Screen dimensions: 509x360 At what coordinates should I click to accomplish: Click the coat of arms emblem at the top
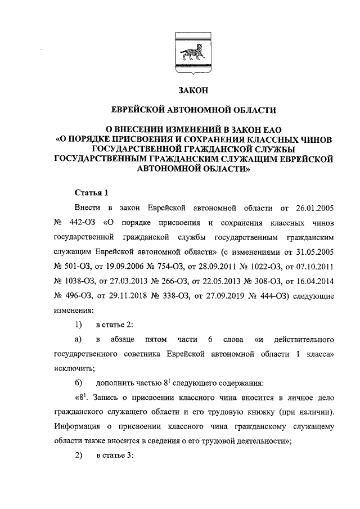coord(193,53)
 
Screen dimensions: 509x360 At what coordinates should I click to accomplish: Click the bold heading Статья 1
coord(91,192)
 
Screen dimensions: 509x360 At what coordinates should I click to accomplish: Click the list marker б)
coord(79,384)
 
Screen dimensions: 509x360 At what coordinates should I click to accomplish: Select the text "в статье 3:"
coord(114,457)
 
